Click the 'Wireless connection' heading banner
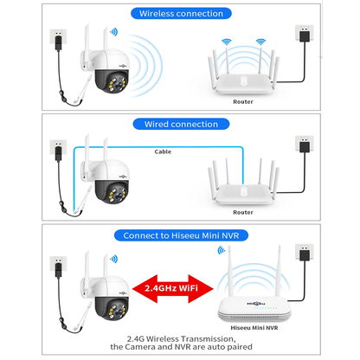click(180, 13)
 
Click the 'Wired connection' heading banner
click(180, 124)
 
